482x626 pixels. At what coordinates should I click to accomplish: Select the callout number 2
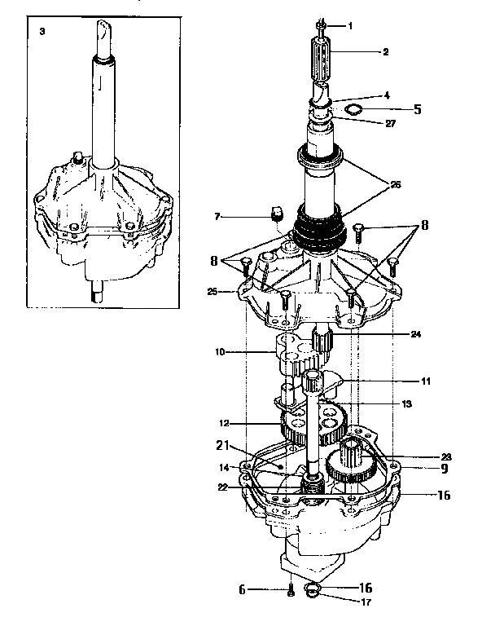click(x=385, y=51)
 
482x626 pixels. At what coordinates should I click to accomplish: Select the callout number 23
click(x=446, y=457)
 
